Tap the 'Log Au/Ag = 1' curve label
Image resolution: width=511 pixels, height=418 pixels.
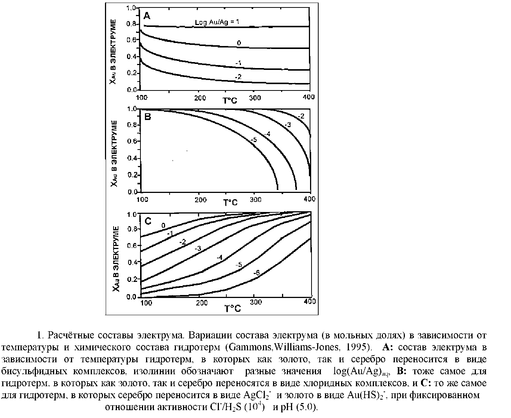(217, 22)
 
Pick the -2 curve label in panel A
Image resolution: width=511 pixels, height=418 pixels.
(238, 76)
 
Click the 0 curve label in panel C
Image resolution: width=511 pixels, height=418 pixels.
(163, 225)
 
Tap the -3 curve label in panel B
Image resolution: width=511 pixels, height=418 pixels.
(288, 125)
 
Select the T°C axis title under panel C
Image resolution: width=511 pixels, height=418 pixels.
(232, 308)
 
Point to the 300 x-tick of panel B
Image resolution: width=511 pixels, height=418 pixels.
(256, 200)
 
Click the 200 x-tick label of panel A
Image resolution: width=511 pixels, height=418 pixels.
(200, 97)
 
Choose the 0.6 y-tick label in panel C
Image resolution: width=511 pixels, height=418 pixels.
(132, 246)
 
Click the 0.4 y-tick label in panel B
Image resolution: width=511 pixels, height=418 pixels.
(132, 158)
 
